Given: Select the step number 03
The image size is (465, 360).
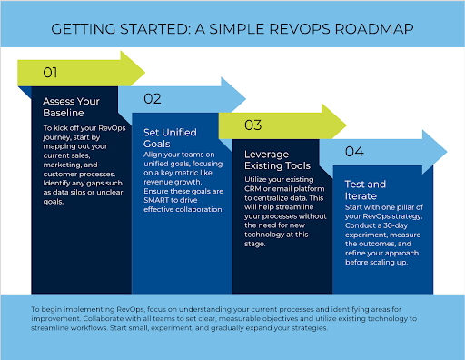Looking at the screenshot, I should (253, 124).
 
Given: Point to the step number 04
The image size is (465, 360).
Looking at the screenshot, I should (354, 151).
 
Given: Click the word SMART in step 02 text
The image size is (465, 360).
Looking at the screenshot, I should (158, 200).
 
